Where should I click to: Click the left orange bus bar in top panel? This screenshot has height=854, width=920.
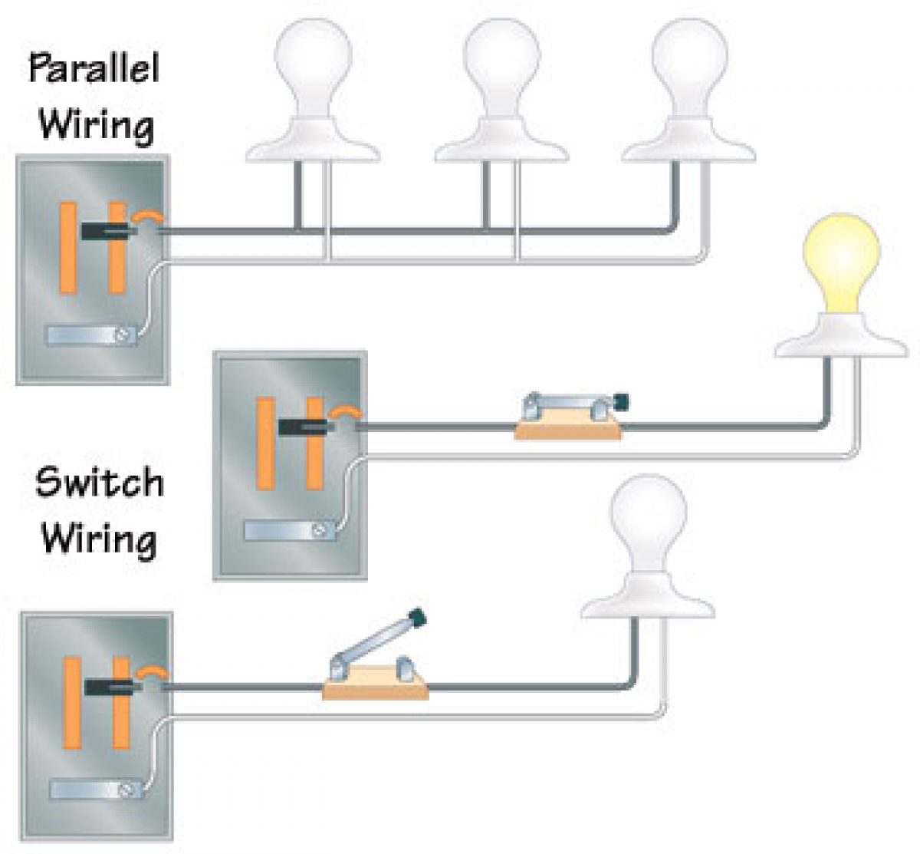point(68,247)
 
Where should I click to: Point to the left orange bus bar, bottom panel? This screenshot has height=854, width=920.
point(72,702)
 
